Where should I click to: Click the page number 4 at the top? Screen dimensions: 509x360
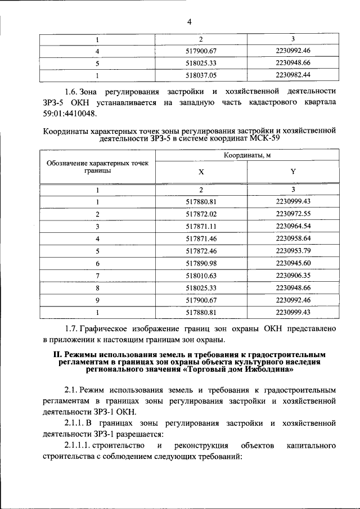[x=190, y=22]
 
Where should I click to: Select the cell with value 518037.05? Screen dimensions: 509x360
[x=201, y=74]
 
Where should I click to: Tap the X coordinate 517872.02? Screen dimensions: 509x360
[x=201, y=214]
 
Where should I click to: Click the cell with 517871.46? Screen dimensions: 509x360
[x=201, y=238]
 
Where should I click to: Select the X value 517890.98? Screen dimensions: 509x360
[x=201, y=263]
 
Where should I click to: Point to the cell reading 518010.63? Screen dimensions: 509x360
[x=201, y=276]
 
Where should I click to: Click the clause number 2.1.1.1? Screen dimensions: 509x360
[x=77, y=445]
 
